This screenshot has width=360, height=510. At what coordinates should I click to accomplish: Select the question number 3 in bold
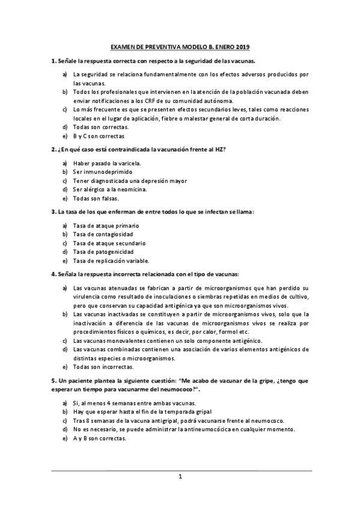[x=53, y=212]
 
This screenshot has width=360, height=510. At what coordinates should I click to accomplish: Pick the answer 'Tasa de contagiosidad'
[x=103, y=234]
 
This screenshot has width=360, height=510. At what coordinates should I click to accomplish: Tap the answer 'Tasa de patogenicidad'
[x=103, y=251]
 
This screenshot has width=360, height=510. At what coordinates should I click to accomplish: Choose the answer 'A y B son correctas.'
[x=100, y=438]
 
